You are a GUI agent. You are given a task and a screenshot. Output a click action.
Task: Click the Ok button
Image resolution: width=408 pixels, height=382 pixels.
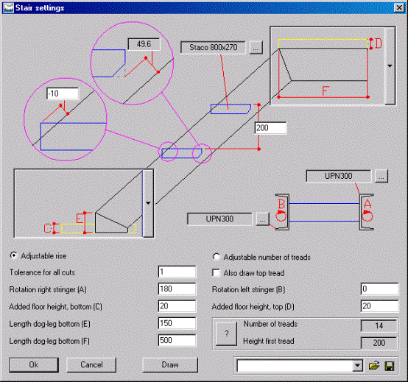coord(34,365)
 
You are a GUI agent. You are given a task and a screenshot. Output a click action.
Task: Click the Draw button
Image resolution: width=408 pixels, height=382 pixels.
coord(170,365)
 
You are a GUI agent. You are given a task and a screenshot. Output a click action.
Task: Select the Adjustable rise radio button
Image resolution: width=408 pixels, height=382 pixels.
coord(13,255)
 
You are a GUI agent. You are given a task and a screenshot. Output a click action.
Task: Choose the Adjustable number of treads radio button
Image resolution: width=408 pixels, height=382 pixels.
coord(216,257)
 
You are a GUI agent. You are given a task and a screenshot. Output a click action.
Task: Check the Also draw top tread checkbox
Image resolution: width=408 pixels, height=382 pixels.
coord(216,273)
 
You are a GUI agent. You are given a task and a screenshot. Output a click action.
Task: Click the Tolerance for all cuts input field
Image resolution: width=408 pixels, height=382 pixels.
coord(177,272)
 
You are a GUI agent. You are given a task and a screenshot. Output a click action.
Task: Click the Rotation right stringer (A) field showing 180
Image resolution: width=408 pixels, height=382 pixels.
coord(177,289)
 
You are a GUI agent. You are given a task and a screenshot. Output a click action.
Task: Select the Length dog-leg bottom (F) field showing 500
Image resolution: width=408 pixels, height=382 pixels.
coord(177,340)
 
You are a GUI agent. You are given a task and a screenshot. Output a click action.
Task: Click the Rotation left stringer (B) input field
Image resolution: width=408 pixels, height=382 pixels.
coord(379,289)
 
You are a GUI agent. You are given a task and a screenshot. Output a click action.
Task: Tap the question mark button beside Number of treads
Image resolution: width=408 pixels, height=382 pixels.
coord(226,333)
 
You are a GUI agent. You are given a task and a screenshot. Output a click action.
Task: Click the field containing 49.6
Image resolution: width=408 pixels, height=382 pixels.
coord(144,44)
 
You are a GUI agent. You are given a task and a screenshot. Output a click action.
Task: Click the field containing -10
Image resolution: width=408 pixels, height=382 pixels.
coord(63,93)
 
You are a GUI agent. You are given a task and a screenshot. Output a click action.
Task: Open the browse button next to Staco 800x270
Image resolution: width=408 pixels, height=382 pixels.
coord(256,48)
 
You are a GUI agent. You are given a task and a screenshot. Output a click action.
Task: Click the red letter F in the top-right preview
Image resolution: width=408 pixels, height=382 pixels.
coord(326,91)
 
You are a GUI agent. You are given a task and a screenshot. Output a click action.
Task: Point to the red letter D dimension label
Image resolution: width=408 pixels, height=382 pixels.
coord(378,43)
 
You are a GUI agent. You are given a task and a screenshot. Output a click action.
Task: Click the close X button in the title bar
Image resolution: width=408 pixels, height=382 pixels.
coord(399,8)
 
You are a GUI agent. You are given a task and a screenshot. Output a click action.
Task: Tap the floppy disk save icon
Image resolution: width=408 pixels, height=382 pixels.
coord(390,366)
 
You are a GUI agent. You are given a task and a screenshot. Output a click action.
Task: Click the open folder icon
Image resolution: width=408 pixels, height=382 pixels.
coord(374,366)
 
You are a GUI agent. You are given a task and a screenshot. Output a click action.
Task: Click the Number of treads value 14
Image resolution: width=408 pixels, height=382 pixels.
coord(379,326)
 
